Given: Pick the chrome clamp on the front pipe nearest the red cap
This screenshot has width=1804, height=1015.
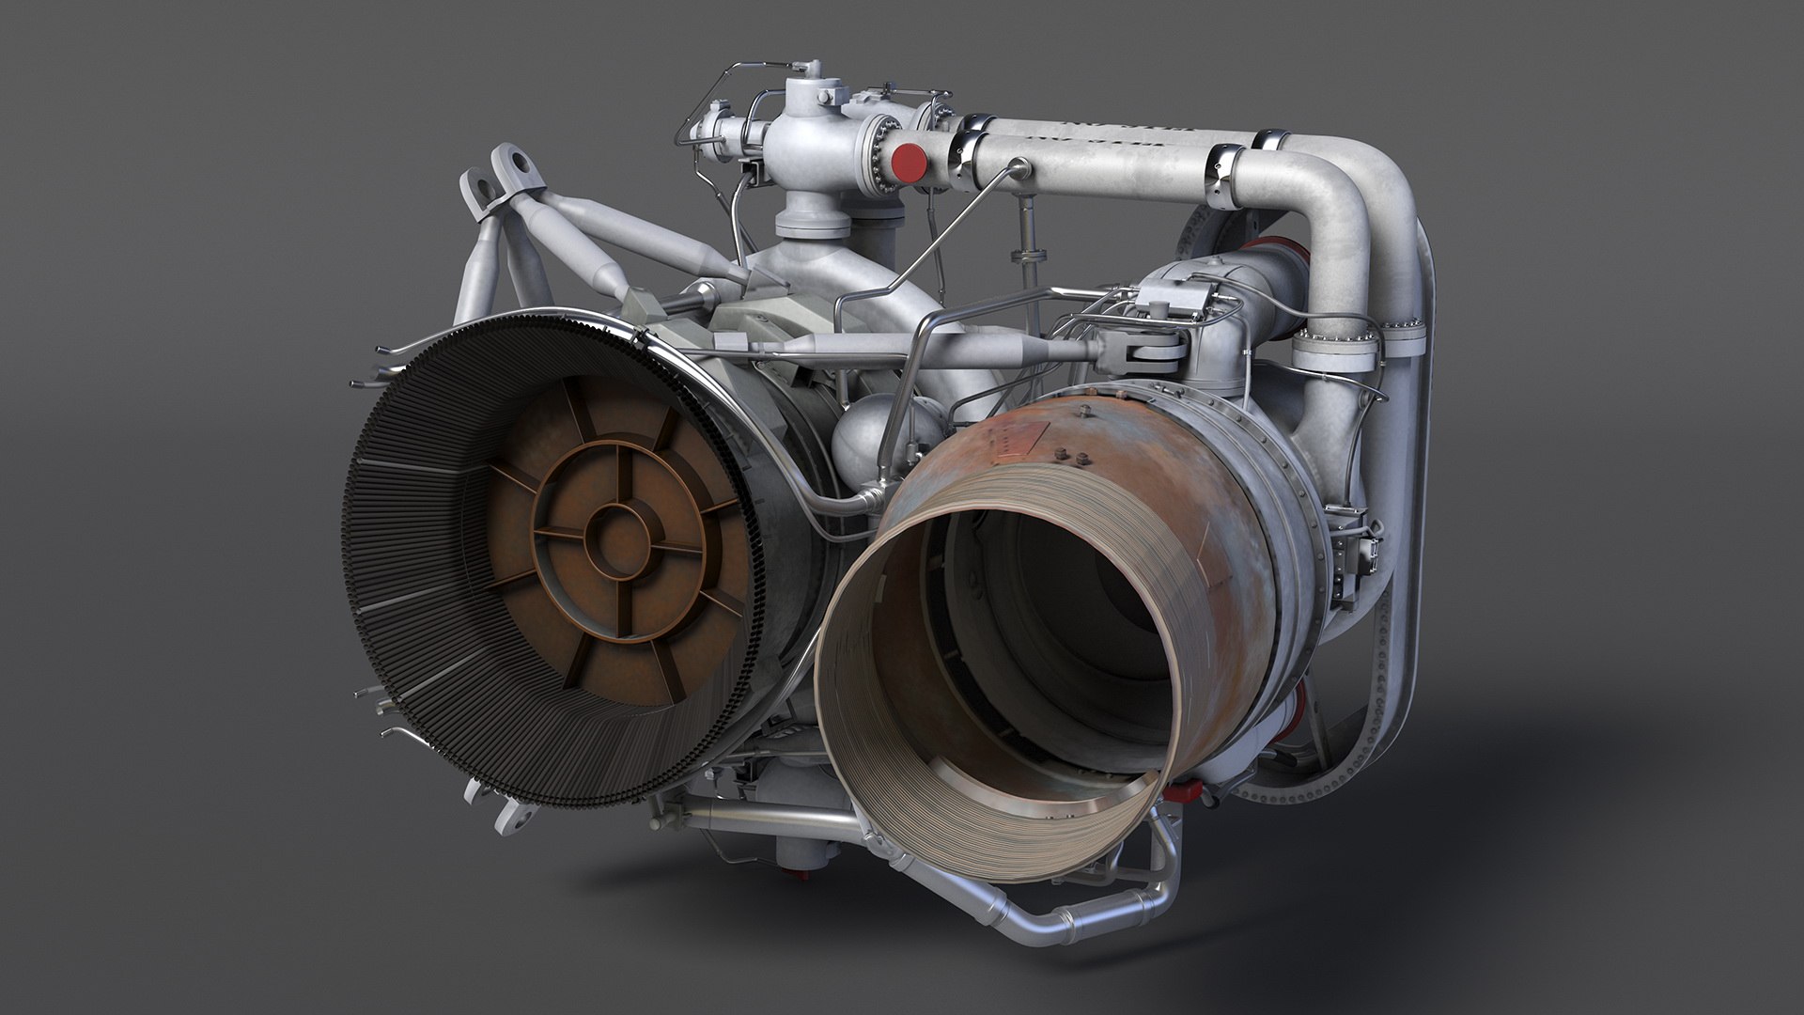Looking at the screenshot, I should tap(968, 157).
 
